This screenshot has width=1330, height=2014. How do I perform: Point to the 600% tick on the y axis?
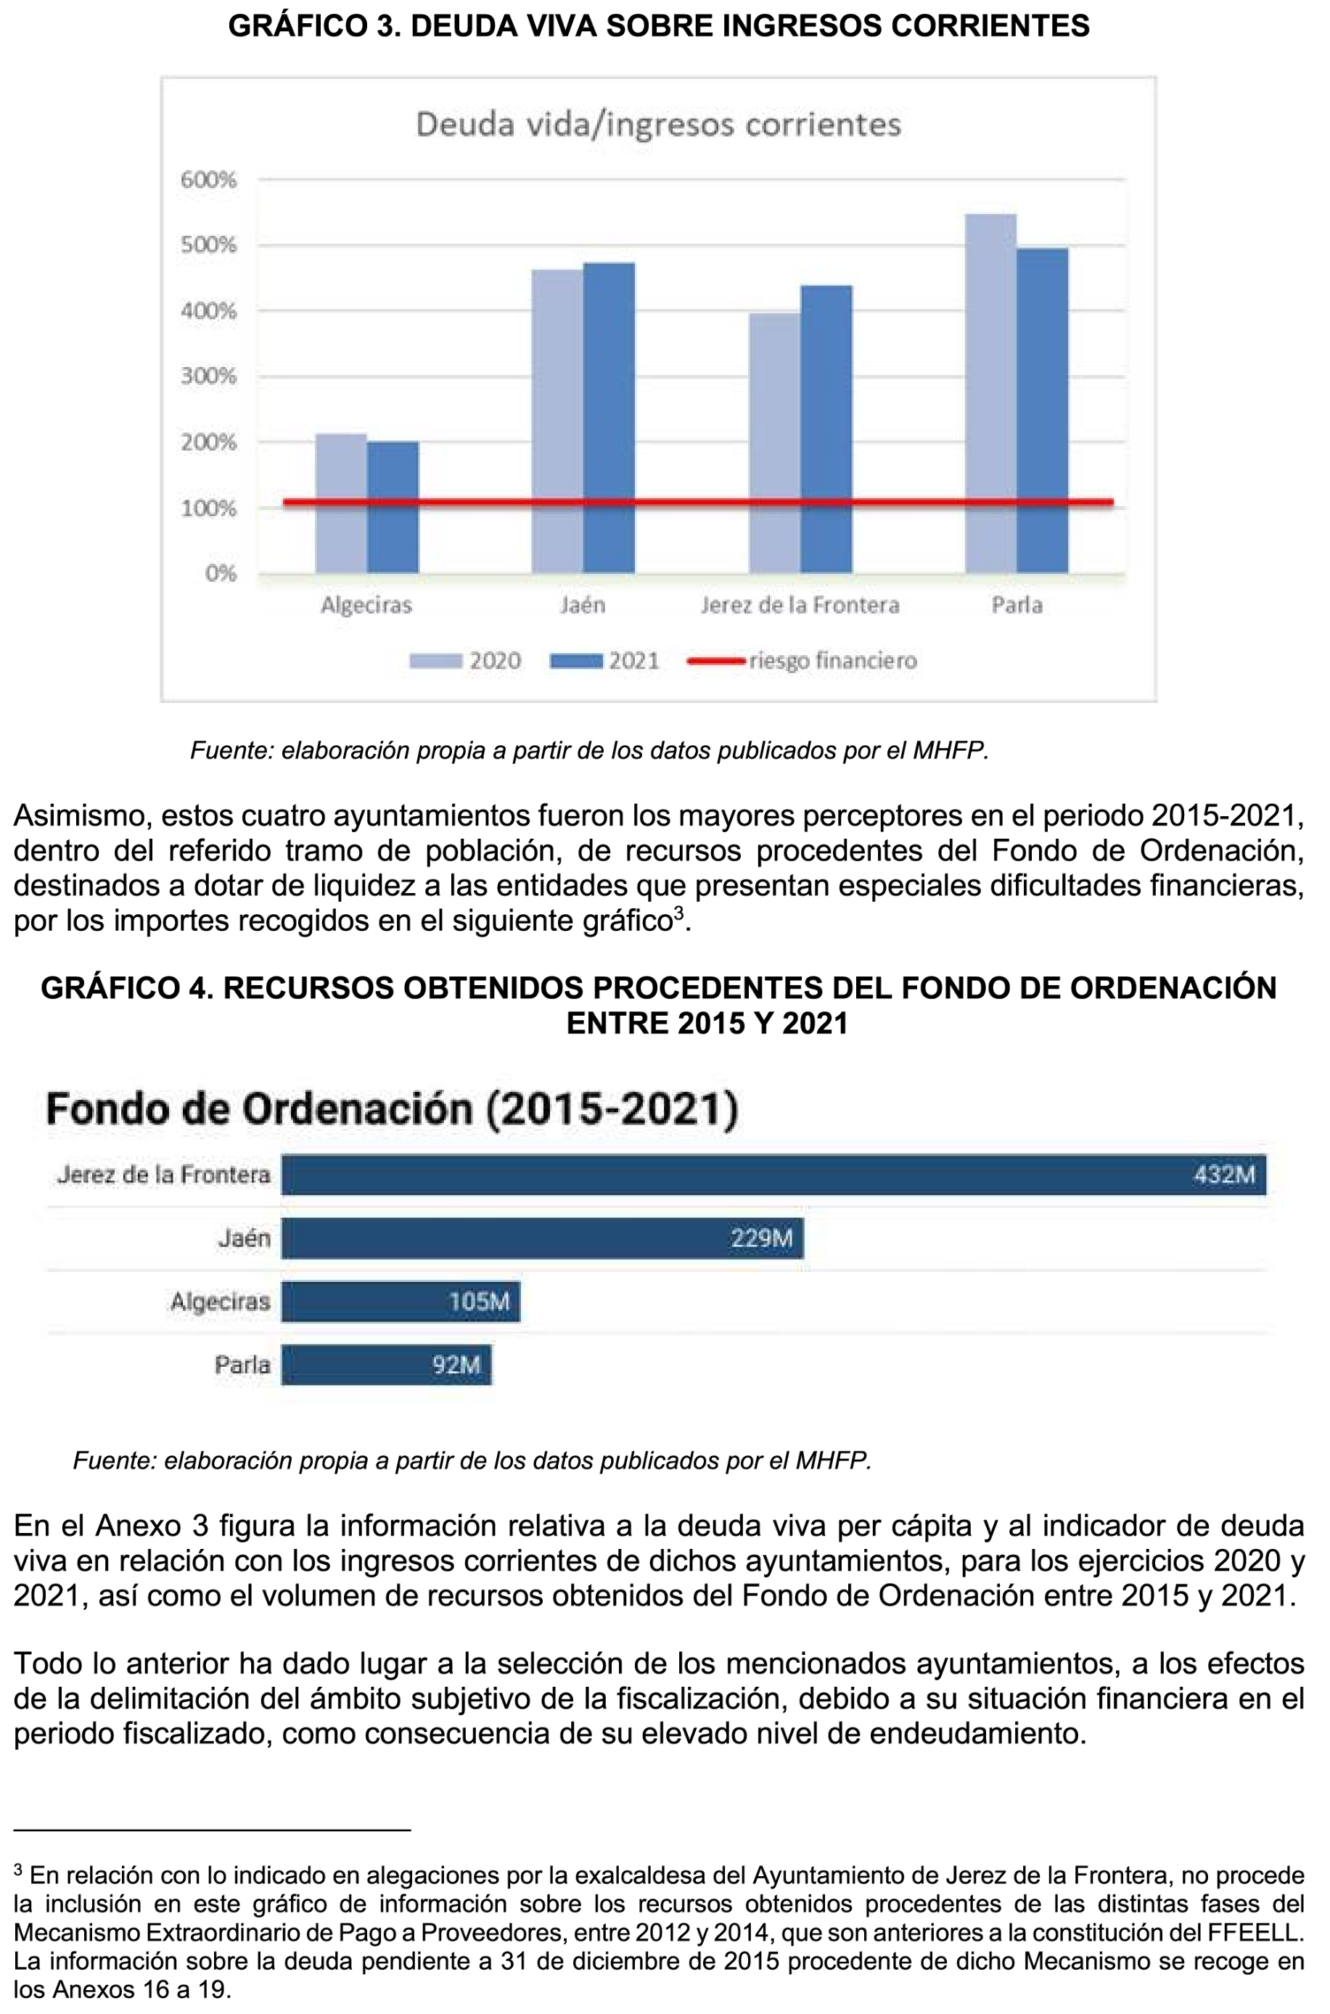coord(209,180)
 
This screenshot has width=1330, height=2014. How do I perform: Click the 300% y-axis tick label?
coord(209,377)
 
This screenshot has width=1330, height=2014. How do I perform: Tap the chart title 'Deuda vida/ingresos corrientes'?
coord(658,126)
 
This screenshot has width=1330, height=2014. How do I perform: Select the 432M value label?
coord(1224,1175)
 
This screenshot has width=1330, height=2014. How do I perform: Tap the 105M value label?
coord(479,1301)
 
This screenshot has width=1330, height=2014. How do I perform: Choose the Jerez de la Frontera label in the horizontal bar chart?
coord(164,1175)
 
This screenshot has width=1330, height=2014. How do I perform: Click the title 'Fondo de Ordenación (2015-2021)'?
coord(392,1109)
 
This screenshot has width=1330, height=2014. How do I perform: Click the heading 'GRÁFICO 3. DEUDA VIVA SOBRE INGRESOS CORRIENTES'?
coord(658,26)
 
